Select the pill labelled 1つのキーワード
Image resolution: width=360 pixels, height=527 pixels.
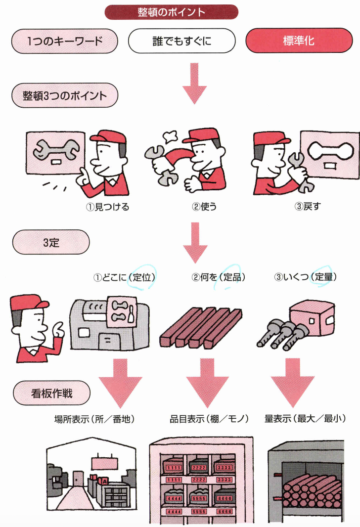click(x=65, y=41)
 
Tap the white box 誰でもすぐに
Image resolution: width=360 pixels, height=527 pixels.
click(x=182, y=41)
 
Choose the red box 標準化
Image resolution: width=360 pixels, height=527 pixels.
click(x=299, y=41)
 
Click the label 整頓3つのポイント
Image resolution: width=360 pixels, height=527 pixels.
click(x=65, y=95)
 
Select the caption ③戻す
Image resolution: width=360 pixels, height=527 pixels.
click(x=307, y=207)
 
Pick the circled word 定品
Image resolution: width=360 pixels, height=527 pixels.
click(x=234, y=277)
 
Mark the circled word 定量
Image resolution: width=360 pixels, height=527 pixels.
click(x=325, y=277)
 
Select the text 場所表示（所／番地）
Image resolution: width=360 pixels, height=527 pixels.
click(x=94, y=419)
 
